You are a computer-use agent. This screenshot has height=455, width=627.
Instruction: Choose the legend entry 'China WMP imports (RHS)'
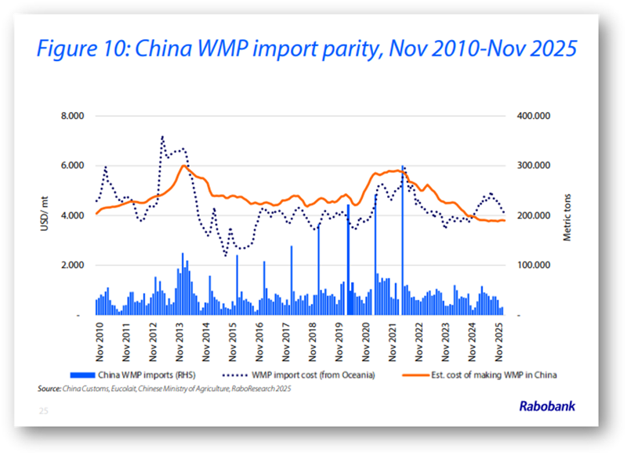pos(158,375)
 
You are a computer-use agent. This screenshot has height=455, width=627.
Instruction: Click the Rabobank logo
pos(548,406)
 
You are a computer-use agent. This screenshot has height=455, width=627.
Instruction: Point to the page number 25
pos(43,410)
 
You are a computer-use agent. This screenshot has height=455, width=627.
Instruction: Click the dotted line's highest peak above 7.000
pos(162,136)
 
